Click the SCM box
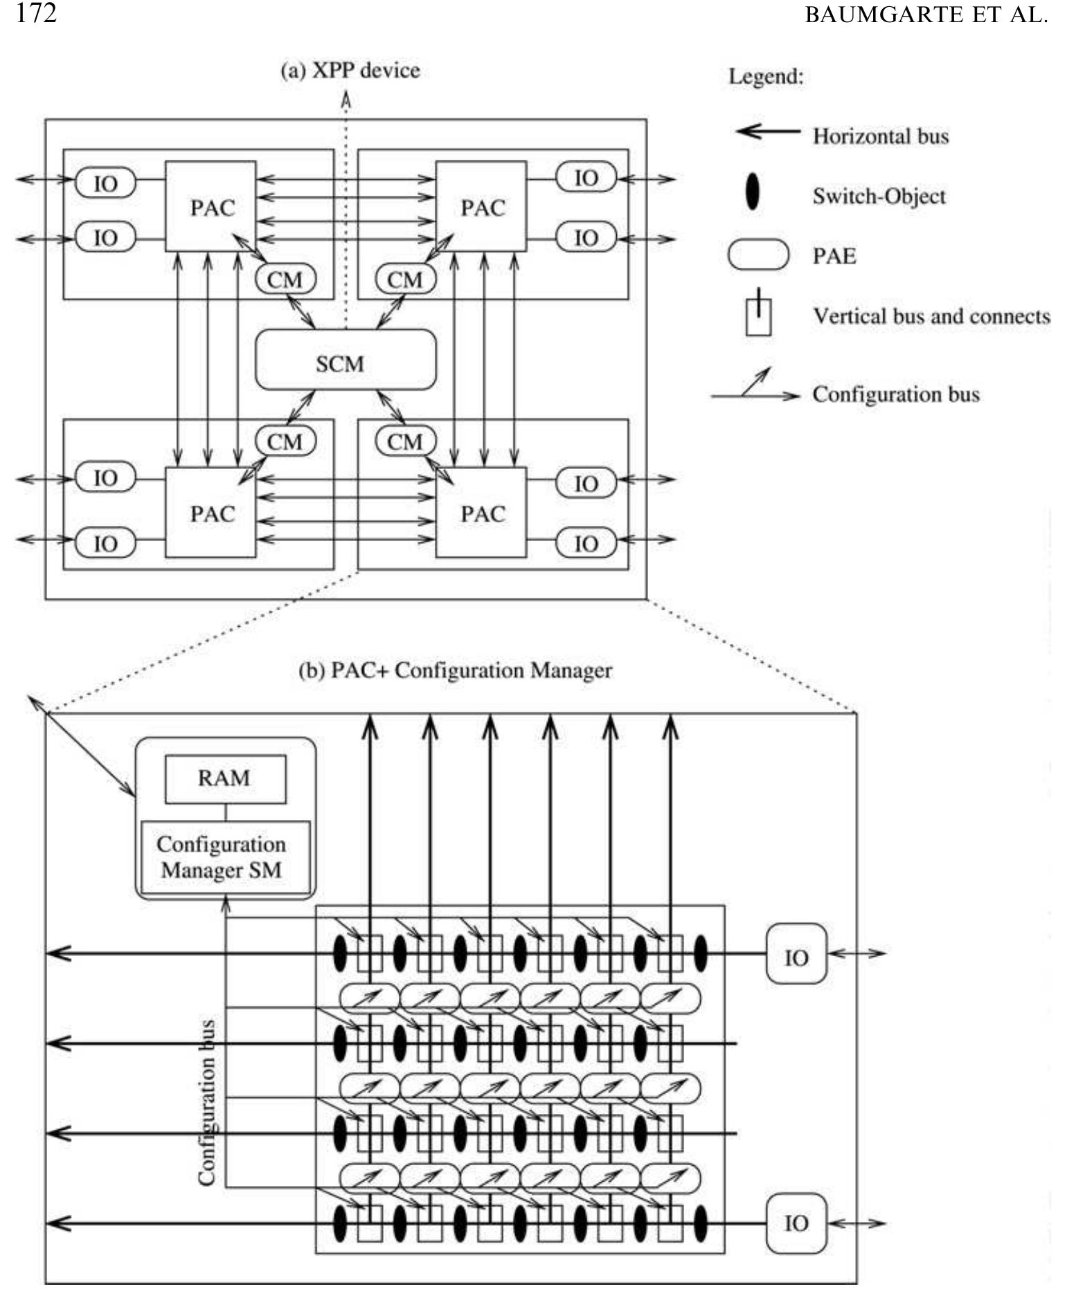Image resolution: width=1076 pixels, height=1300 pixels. [x=346, y=359]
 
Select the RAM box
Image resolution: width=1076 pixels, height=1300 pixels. [x=225, y=778]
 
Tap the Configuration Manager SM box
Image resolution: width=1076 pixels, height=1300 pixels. [x=225, y=857]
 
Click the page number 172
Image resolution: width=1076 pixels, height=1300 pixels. [x=36, y=13]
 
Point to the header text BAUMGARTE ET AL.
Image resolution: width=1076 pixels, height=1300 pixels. [x=926, y=15]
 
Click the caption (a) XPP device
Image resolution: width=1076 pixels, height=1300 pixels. [x=350, y=70]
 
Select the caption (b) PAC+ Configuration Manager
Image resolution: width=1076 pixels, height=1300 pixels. [x=455, y=670]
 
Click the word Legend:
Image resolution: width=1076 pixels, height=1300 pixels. [x=766, y=75]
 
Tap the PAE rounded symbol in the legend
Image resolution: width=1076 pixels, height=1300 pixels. [x=758, y=254]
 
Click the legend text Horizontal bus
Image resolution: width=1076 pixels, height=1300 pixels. [x=880, y=136]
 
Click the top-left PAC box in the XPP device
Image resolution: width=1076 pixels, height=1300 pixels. [x=210, y=206]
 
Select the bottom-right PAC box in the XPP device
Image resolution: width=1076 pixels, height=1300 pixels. [x=481, y=512]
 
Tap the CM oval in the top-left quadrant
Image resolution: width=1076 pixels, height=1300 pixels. [x=285, y=280]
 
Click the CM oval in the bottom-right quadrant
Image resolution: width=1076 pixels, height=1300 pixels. [x=405, y=441]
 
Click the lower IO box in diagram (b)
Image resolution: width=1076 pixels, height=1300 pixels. [x=796, y=1223]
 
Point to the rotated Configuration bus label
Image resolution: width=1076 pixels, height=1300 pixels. [x=206, y=1103]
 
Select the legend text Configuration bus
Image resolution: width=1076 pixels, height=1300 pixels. [x=896, y=394]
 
